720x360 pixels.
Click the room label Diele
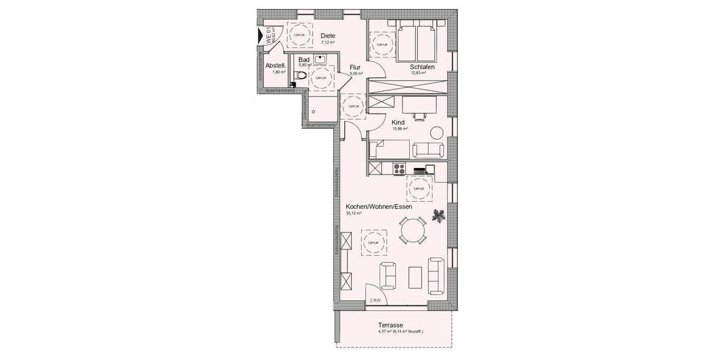click(x=328, y=35)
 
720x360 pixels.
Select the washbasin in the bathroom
click(x=319, y=59)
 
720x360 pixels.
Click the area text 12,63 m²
click(x=418, y=73)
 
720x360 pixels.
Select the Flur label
click(x=356, y=67)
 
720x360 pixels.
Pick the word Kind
click(x=399, y=121)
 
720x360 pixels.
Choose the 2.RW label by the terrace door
click(x=375, y=300)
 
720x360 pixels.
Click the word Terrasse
click(x=391, y=324)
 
